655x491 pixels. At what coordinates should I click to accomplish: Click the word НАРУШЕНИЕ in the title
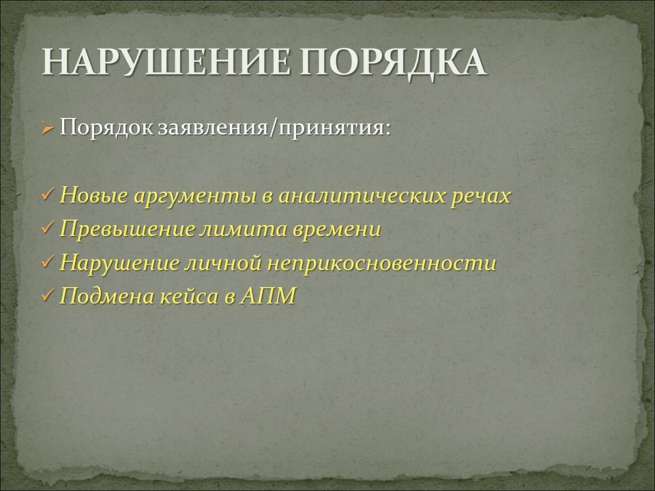pyautogui.click(x=166, y=62)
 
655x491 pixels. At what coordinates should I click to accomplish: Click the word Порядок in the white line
pyautogui.click(x=106, y=128)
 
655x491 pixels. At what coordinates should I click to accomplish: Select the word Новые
pyautogui.click(x=93, y=194)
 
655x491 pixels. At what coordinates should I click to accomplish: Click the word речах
pyautogui.click(x=481, y=196)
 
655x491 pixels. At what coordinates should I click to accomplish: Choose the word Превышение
pyautogui.click(x=127, y=229)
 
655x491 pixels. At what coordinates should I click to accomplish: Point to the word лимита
pyautogui.click(x=244, y=229)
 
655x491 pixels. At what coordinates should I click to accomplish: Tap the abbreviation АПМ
pyautogui.click(x=268, y=296)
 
